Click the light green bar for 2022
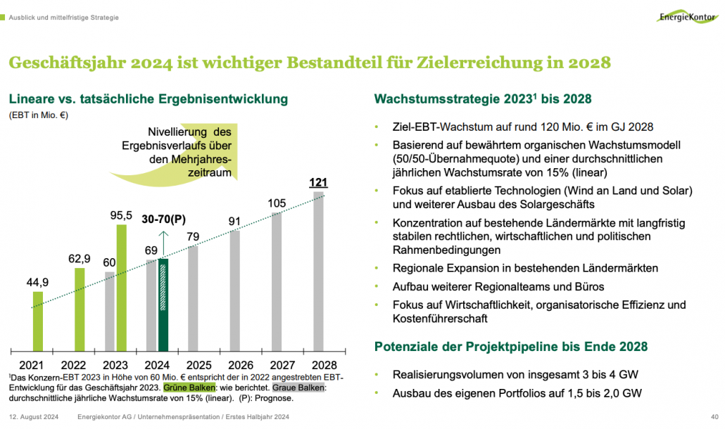click(x=80, y=309)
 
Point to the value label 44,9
click(x=37, y=281)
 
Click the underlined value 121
click(x=318, y=183)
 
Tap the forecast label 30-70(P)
click(x=163, y=219)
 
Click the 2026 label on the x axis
click(x=241, y=365)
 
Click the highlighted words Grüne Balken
click(x=182, y=388)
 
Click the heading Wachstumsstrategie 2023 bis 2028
click(x=483, y=98)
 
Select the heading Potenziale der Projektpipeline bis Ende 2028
click(x=510, y=347)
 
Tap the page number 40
click(x=714, y=417)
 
